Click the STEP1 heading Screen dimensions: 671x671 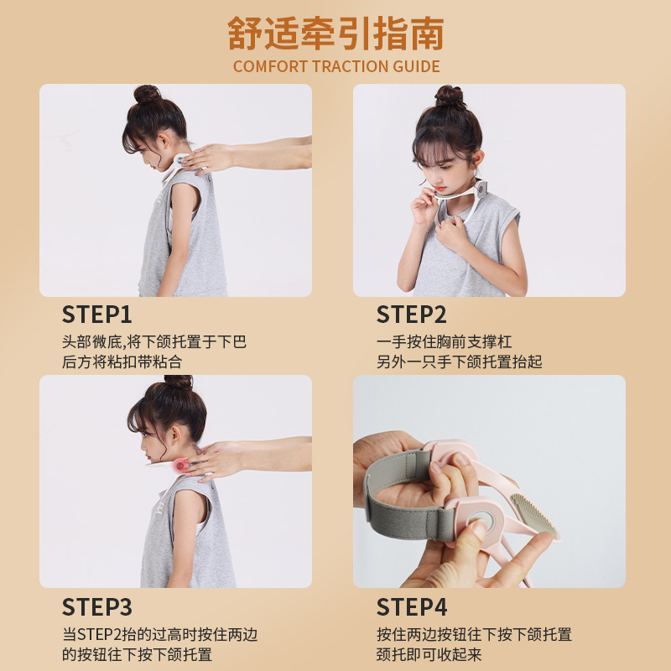(96, 315)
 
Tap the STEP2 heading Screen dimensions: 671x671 (411, 315)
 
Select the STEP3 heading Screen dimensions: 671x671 (97, 606)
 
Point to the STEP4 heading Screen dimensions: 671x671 (412, 606)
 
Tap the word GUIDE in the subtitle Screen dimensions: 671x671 (416, 66)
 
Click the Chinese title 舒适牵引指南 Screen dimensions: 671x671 (336, 34)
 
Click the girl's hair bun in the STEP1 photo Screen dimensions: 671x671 (147, 94)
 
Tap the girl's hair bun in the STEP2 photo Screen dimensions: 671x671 (450, 96)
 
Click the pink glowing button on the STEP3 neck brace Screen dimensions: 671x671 (180, 465)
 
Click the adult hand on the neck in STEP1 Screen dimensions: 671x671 (207, 159)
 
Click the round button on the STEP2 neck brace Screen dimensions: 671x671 (482, 188)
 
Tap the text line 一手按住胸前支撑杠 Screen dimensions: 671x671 (445, 341)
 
